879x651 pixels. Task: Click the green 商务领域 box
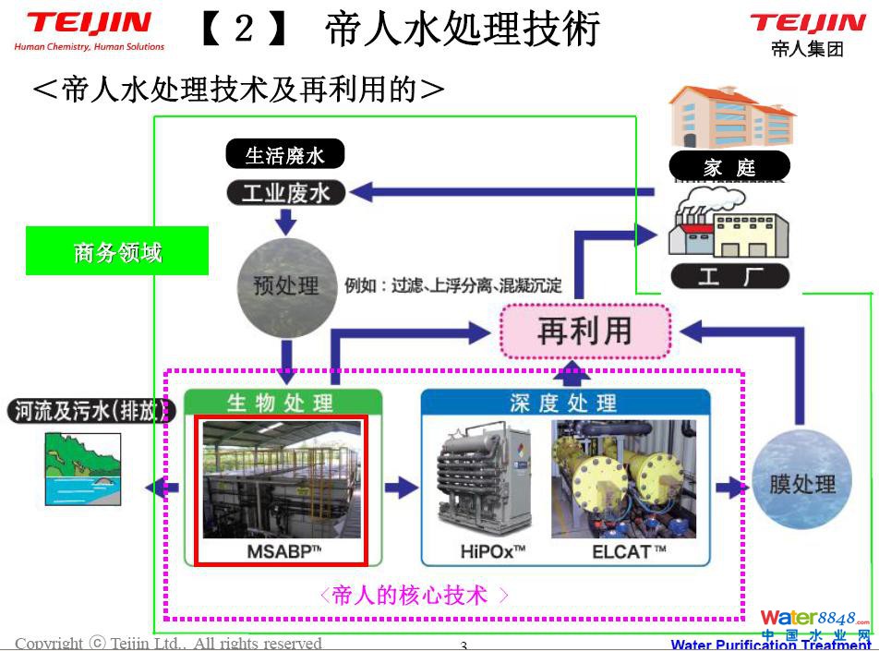tap(117, 250)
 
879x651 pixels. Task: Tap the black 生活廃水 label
tap(284, 154)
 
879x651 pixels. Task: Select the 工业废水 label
tap(284, 193)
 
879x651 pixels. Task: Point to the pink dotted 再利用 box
tap(584, 331)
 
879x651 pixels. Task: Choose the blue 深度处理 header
tap(564, 403)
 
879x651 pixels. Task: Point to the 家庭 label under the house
tap(729, 167)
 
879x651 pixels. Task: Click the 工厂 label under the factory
tap(729, 276)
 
